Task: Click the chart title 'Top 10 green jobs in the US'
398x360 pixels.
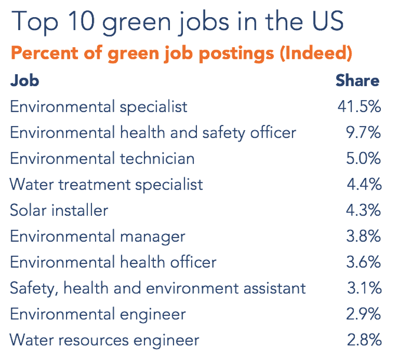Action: pyautogui.click(x=177, y=22)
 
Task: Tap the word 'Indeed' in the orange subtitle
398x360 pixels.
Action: pyautogui.click(x=315, y=53)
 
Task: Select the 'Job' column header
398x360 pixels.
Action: pyautogui.click(x=25, y=80)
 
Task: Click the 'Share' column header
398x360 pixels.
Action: pyautogui.click(x=357, y=80)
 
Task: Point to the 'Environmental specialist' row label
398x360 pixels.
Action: pyautogui.click(x=98, y=107)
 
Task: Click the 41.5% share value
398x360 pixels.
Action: pyautogui.click(x=358, y=107)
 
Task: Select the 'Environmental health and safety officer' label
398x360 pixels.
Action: pyautogui.click(x=153, y=133)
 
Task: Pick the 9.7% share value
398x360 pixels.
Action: pyautogui.click(x=363, y=133)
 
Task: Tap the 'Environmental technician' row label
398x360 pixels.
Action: pyautogui.click(x=102, y=158)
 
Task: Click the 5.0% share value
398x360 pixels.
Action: pyautogui.click(x=363, y=158)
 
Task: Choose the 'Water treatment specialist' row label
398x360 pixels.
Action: pyautogui.click(x=106, y=184)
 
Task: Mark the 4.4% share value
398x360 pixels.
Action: pyautogui.click(x=364, y=184)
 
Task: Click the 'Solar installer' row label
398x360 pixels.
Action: pyautogui.click(x=59, y=210)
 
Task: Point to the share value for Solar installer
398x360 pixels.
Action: pyautogui.click(x=364, y=210)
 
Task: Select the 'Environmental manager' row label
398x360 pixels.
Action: pyautogui.click(x=97, y=236)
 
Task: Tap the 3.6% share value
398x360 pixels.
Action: pyautogui.click(x=364, y=262)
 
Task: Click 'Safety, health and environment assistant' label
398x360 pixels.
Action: pyautogui.click(x=157, y=288)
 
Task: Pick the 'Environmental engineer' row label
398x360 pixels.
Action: pyautogui.click(x=98, y=314)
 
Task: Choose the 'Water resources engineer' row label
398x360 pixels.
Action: pyautogui.click(x=104, y=340)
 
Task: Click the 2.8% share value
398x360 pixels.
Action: pyautogui.click(x=364, y=340)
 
